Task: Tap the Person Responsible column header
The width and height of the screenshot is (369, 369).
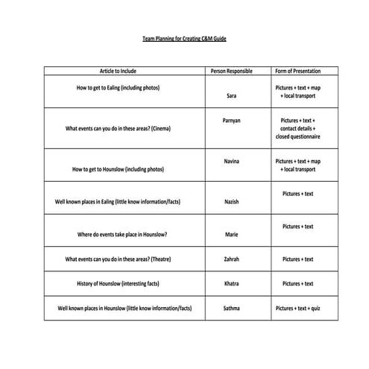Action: click(232, 72)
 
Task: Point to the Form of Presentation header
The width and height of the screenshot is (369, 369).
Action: click(297, 72)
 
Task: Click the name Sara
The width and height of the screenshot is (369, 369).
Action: click(232, 96)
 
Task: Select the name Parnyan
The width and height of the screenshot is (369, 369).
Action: click(232, 120)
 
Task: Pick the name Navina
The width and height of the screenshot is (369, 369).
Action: click(232, 161)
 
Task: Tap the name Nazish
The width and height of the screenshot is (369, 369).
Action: click(232, 202)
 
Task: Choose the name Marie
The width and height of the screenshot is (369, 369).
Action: click(232, 235)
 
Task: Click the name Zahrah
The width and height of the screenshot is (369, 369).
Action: click(232, 259)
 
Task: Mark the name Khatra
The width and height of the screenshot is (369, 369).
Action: click(232, 284)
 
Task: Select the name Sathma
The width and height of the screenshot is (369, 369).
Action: click(232, 308)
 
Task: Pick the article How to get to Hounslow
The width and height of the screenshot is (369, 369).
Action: click(118, 169)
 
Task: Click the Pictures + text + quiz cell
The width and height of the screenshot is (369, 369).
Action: click(297, 308)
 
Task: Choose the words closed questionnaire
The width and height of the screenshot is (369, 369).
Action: click(297, 137)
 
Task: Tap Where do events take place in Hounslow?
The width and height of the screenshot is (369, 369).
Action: click(122, 235)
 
